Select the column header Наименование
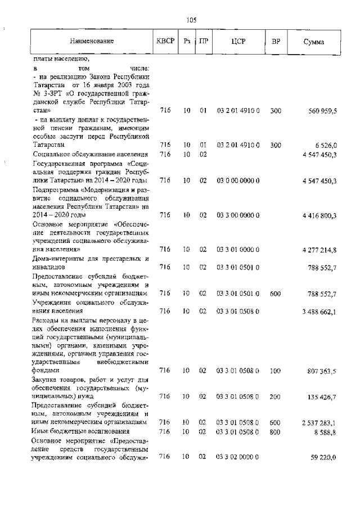pos(92,42)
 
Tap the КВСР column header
pos(165,42)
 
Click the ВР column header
pos(276,42)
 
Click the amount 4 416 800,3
pos(319,215)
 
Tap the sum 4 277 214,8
pos(319,249)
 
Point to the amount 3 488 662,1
pos(319,311)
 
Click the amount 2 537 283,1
pos(319,422)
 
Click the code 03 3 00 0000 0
pos(238,215)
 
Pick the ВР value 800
pos(275,431)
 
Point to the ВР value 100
pos(275,371)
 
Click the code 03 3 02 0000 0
pos(238,457)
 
